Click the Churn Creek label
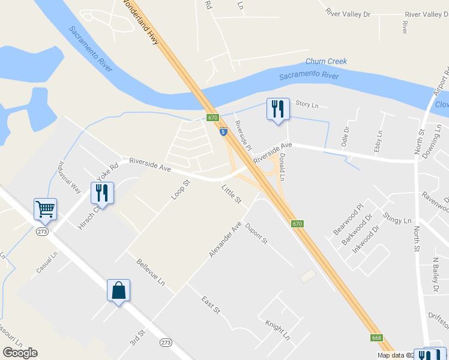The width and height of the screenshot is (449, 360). (326, 61)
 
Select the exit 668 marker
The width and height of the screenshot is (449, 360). (376, 338)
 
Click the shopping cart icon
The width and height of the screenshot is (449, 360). (45, 209)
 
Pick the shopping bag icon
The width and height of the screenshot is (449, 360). (118, 290)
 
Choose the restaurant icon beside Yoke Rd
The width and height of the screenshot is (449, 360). (101, 193)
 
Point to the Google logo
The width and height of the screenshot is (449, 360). (20, 353)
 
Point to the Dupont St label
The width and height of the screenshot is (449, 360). (256, 233)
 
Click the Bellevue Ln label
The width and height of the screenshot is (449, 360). (150, 271)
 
